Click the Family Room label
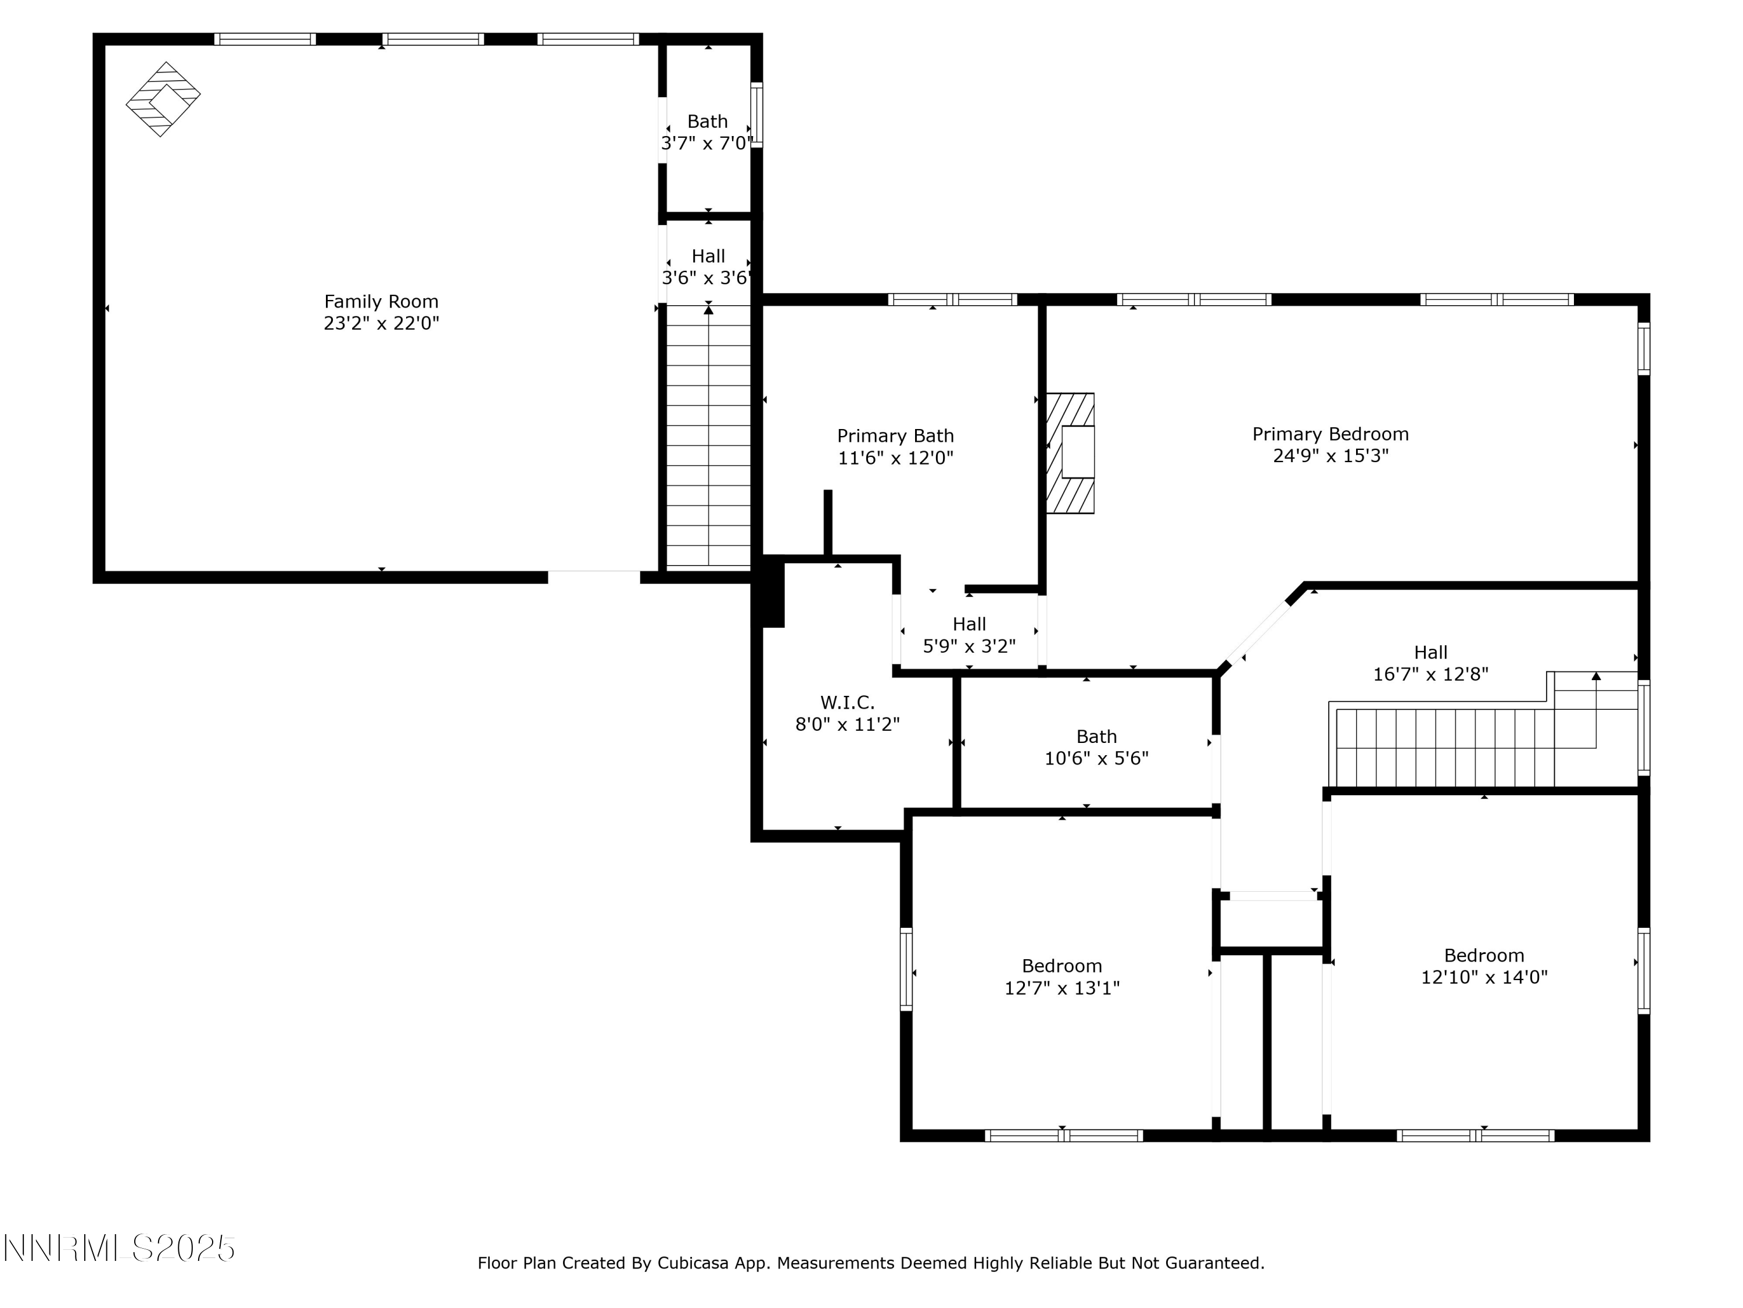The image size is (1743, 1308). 381,302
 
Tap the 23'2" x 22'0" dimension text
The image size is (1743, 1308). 381,324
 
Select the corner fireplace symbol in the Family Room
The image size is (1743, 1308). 163,99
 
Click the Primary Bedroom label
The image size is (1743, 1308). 1330,434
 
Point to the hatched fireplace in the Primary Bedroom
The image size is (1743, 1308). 1070,453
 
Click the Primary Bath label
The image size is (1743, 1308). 895,436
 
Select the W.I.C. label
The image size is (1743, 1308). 847,702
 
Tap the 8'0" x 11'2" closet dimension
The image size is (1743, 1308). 847,724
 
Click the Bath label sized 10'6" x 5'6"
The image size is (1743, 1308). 1096,737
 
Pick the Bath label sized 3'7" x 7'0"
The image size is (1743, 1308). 707,121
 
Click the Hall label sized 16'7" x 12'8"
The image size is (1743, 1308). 1430,652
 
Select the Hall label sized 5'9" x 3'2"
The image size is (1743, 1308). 969,624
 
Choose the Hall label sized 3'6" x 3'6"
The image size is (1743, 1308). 708,256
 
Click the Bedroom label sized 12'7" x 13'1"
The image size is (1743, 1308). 1061,966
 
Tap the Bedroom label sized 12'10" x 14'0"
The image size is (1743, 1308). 1484,956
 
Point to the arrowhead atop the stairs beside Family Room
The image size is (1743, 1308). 708,310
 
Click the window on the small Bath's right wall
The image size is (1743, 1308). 756,115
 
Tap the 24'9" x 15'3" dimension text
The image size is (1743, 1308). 1330,456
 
